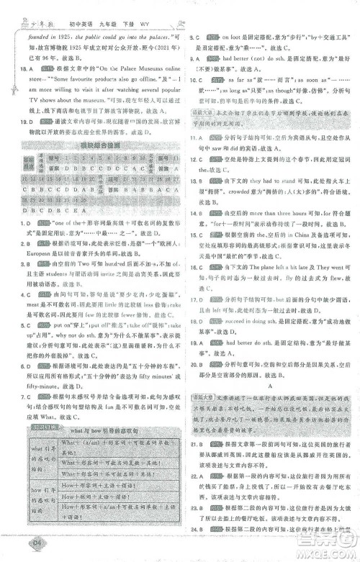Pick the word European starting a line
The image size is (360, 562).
(26, 255)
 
